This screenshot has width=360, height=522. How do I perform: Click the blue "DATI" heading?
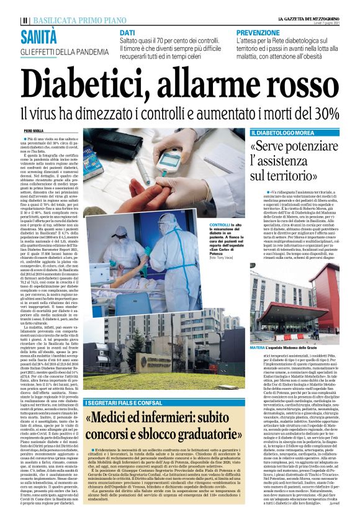tap(127, 32)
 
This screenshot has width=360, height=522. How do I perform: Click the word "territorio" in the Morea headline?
tap(295, 177)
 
